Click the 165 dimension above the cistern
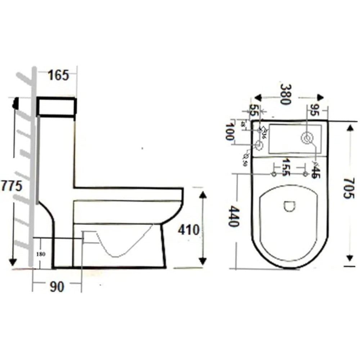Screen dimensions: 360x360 (x=59, y=76)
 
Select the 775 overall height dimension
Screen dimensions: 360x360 (x=12, y=186)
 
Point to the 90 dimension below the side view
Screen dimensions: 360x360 (x=57, y=287)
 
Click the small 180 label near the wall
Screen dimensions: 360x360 (x=40, y=253)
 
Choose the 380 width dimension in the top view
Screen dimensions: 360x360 (x=285, y=94)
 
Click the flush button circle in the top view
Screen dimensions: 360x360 (x=307, y=138)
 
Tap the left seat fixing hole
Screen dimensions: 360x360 (x=274, y=174)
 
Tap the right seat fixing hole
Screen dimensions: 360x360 (x=305, y=174)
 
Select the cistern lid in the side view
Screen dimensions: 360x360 (x=57, y=106)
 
